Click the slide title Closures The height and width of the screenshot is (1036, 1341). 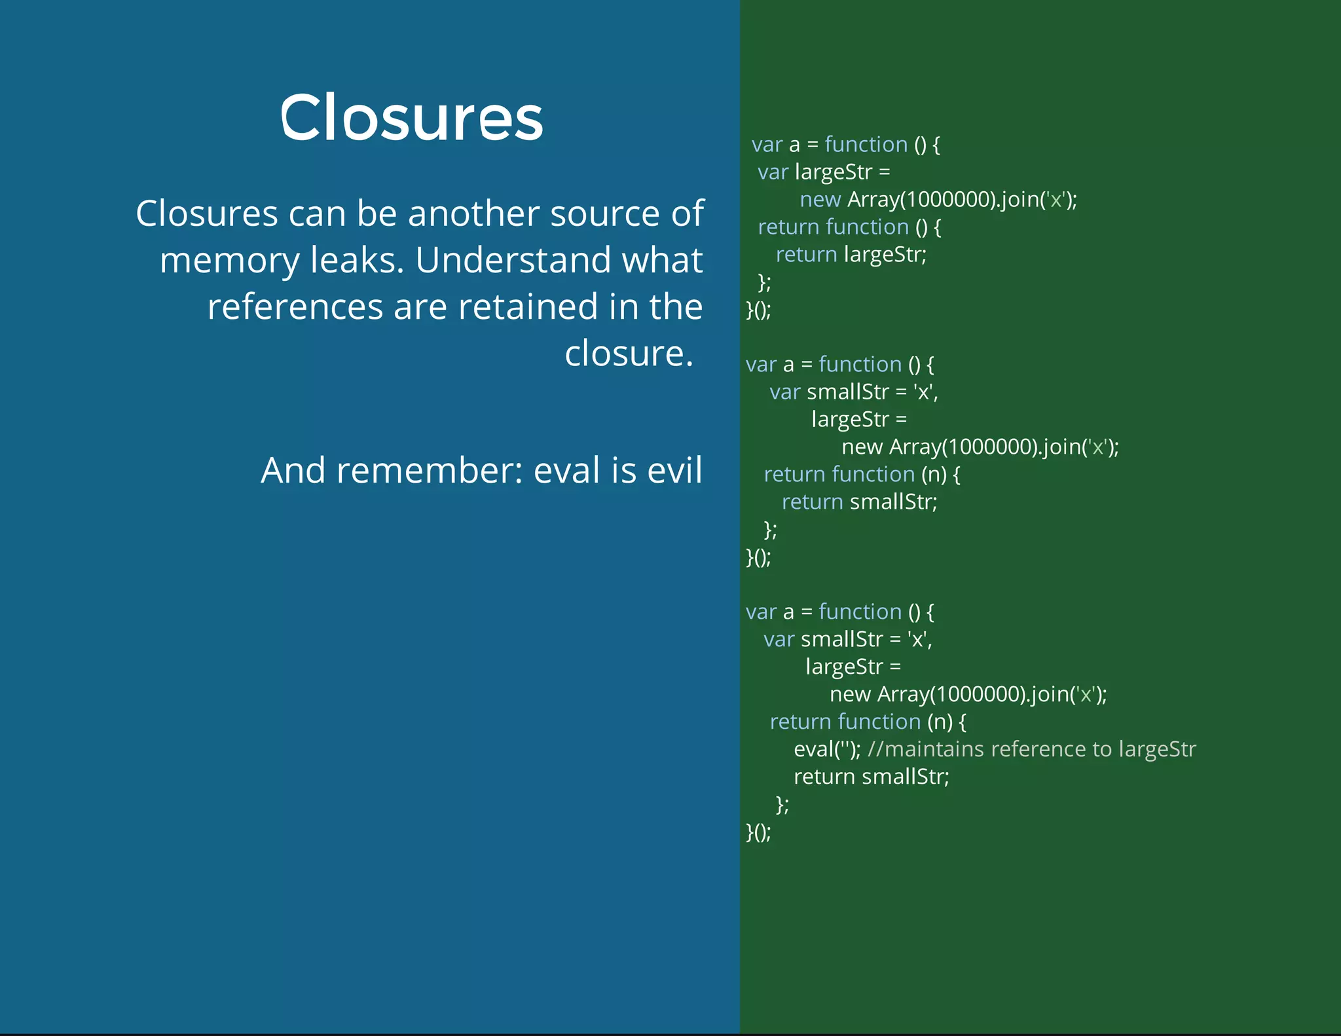coord(411,118)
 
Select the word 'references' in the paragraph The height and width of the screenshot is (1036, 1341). coord(295,307)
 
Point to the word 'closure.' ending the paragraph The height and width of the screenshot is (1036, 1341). coord(628,354)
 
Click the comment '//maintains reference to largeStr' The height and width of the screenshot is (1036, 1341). coord(1031,749)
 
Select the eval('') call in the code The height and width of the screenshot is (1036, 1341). coord(826,749)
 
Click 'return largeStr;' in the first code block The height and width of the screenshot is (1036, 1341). coord(851,254)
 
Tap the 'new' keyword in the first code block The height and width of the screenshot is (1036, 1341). coord(820,199)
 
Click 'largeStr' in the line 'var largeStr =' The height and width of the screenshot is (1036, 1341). coord(834,172)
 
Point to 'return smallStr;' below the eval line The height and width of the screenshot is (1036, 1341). coord(871,777)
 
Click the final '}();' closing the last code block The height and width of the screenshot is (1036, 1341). coord(758,832)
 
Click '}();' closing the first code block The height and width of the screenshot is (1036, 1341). coord(758,310)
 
